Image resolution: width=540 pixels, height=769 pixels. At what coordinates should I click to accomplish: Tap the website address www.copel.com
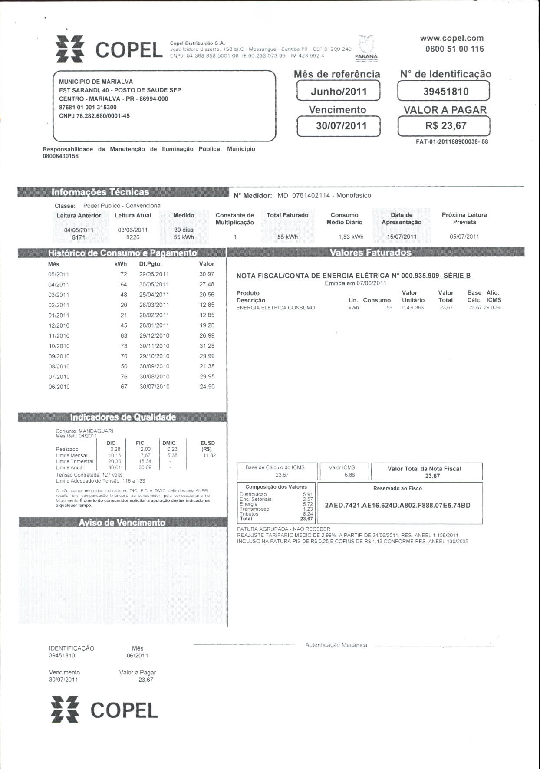tap(451, 38)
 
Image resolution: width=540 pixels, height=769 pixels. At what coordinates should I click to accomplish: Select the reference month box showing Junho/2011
tap(339, 91)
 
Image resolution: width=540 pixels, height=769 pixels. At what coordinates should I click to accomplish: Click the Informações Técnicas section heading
tap(100, 192)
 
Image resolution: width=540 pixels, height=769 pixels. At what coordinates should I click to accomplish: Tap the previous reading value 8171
tap(79, 237)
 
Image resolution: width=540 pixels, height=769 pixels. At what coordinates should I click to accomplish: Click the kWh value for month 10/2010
tap(124, 346)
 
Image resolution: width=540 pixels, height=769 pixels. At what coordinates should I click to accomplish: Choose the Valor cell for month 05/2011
tap(207, 274)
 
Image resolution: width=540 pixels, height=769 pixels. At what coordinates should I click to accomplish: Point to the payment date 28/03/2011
tap(154, 305)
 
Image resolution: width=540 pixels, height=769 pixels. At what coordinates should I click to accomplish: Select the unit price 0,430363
tap(413, 308)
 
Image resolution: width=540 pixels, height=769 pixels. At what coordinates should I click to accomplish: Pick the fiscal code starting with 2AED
tap(398, 506)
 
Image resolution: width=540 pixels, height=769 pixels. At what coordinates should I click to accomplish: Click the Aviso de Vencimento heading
tap(122, 523)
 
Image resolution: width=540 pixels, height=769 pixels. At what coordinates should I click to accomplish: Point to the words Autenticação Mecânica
tap(336, 645)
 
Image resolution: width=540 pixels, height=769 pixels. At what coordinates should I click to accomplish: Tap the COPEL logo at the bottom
tap(104, 710)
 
